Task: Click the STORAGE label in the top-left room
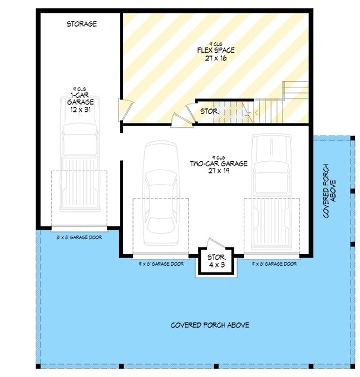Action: coord(82,24)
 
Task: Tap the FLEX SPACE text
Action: coord(215,51)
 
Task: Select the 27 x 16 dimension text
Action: coord(215,58)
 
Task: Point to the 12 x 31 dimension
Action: coord(80,110)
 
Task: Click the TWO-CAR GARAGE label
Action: coord(218,163)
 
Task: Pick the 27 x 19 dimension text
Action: coord(218,171)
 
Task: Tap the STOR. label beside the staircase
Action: coord(208,112)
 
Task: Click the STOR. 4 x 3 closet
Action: coord(216,261)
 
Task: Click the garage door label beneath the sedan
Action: coord(161,264)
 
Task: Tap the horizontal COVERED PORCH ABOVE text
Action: coord(210,325)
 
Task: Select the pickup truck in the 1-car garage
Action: coord(79,161)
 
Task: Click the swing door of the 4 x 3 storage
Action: coord(215,245)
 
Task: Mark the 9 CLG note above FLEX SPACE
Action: coord(215,44)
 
